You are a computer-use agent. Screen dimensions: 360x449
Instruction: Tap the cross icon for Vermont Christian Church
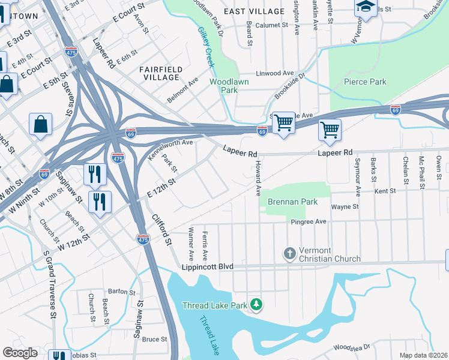[x=289, y=253]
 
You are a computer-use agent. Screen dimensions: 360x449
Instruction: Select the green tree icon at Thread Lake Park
[x=256, y=305]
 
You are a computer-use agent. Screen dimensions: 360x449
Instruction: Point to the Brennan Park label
[x=293, y=202]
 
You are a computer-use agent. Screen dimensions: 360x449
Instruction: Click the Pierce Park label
[x=365, y=82]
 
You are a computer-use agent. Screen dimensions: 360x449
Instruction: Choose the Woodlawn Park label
[x=223, y=86]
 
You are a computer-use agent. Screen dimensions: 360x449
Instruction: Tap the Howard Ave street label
[x=258, y=178]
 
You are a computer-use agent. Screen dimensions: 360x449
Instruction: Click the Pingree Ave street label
[x=309, y=221]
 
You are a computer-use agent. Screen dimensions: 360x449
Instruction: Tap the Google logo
[x=20, y=352]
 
